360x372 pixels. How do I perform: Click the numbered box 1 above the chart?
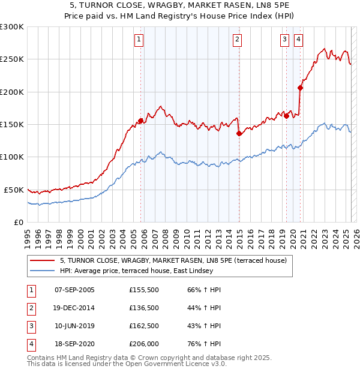point(139,40)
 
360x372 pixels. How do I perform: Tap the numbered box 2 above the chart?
point(238,40)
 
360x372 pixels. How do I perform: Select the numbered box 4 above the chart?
point(298,40)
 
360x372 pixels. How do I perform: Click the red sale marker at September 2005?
point(140,121)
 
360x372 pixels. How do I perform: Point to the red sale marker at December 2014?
point(239,133)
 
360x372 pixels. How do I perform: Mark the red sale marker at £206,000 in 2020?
point(300,88)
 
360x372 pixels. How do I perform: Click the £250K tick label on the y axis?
point(12,59)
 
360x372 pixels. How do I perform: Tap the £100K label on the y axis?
point(12,157)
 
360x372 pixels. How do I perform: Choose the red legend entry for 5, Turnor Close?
point(173,260)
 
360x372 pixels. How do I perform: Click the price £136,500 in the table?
point(144,308)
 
